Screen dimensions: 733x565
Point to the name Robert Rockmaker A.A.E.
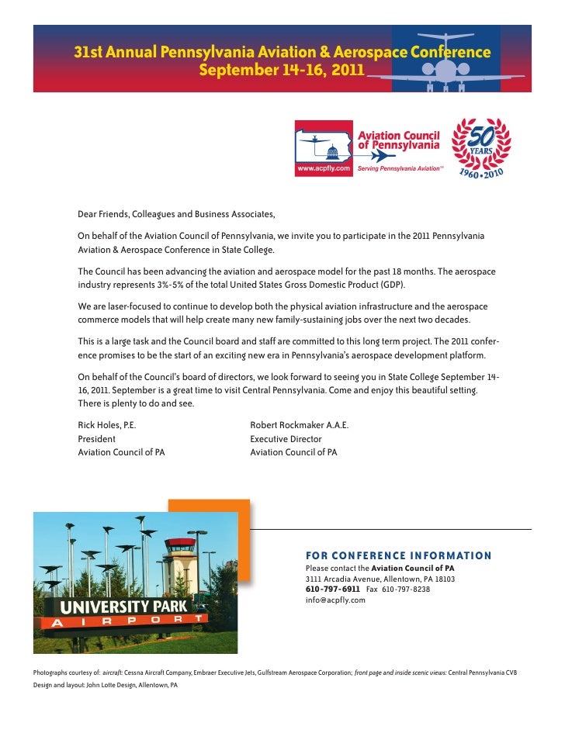pyautogui.click(x=300, y=425)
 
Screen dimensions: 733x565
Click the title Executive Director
pyautogui.click(x=286, y=439)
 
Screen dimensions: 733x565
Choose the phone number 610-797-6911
pyautogui.click(x=332, y=590)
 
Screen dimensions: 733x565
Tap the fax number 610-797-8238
pyautogui.click(x=407, y=590)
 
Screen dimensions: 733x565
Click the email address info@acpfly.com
pyautogui.click(x=335, y=600)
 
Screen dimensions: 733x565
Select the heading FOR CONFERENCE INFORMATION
pyautogui.click(x=398, y=555)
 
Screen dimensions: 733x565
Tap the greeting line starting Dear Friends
pyautogui.click(x=176, y=214)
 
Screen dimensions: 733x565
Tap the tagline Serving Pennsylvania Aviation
pyautogui.click(x=400, y=168)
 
